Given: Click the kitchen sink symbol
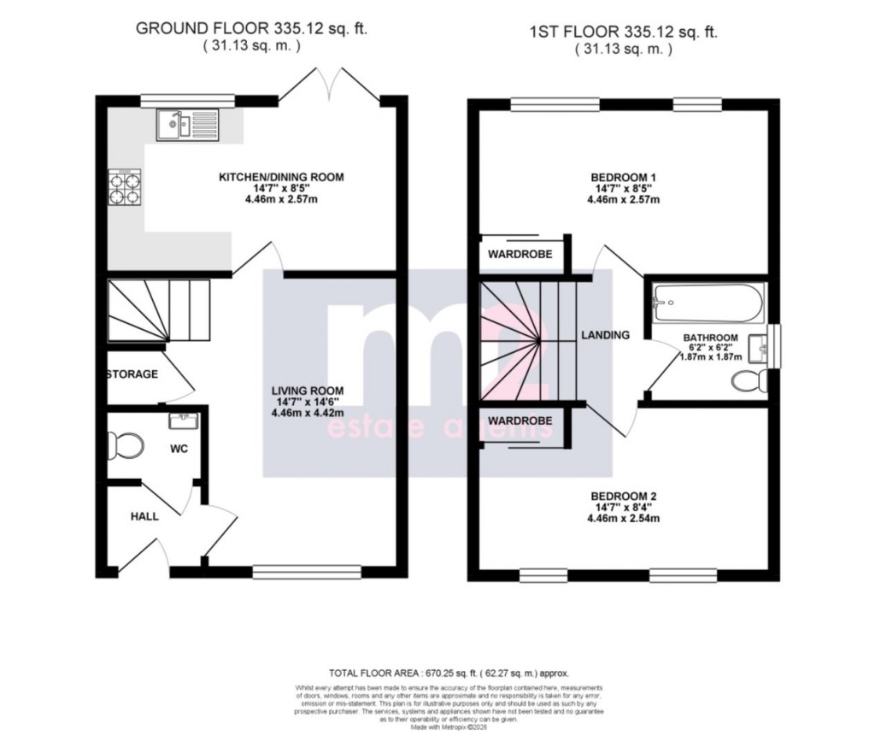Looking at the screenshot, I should pos(187,126).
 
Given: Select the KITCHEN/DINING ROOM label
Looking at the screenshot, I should pos(281,177).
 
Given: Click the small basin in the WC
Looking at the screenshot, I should pos(184,421).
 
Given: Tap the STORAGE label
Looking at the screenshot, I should pos(132,374).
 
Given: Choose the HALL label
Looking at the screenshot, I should pos(144,516).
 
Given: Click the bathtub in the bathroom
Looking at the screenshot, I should pos(707,299).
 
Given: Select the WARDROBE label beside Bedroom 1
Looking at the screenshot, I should pos(520,255).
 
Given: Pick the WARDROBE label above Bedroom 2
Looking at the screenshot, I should pos(520,421).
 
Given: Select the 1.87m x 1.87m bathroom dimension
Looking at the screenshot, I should pos(710,359).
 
